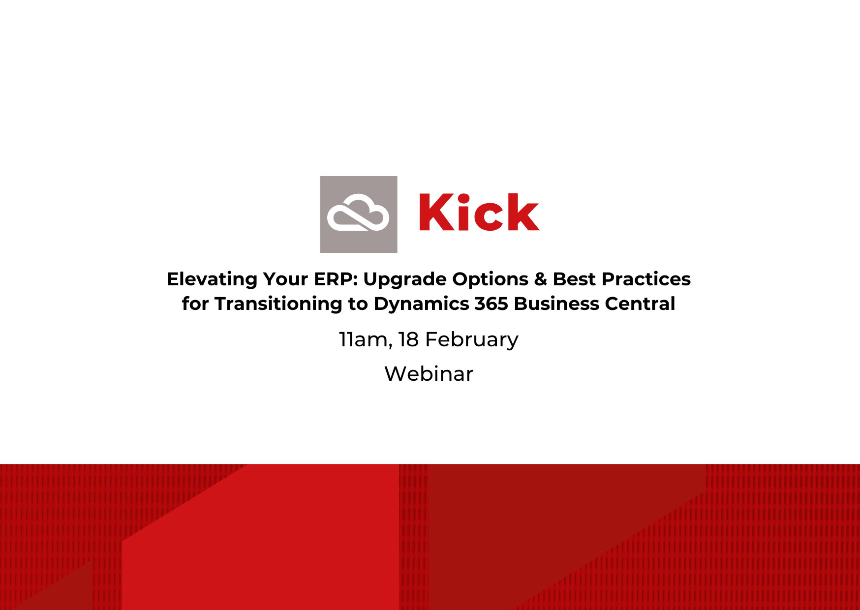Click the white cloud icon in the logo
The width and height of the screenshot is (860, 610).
(358, 213)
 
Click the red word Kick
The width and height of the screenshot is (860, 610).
(479, 212)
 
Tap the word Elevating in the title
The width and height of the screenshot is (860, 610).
(212, 279)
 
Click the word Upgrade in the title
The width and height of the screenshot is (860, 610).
(405, 279)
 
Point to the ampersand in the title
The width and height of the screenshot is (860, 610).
(540, 279)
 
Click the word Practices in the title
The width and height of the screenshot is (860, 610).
(646, 279)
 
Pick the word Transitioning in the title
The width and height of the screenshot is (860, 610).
(278, 304)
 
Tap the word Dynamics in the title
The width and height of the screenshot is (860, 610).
(421, 304)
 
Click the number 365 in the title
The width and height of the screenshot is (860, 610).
(491, 304)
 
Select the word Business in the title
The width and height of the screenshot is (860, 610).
(556, 304)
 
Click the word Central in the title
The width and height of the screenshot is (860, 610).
(640, 304)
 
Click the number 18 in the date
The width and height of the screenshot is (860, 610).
(408, 339)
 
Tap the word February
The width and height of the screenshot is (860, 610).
(471, 340)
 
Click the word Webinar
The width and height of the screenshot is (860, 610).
(429, 374)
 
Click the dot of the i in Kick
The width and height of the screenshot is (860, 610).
(463, 198)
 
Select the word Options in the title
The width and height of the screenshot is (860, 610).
(490, 279)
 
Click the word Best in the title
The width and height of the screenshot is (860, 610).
(574, 279)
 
